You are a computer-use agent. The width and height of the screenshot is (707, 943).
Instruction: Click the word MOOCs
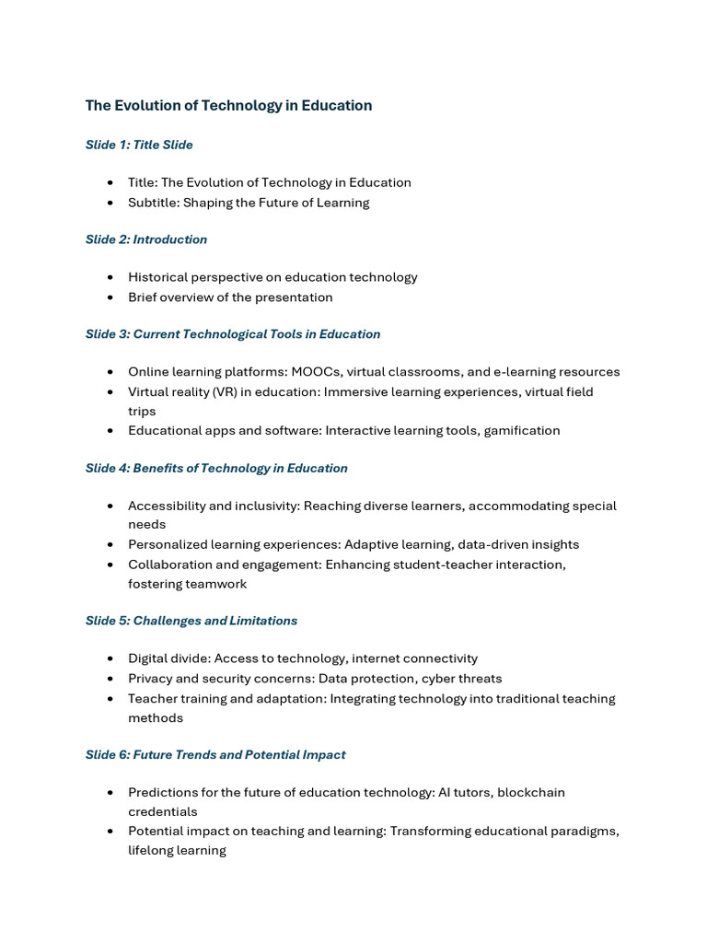[315, 372]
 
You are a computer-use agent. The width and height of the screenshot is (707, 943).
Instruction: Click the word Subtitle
[153, 203]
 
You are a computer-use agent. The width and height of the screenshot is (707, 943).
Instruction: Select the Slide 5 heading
[191, 621]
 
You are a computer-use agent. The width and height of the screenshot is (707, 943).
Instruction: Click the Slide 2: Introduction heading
[146, 239]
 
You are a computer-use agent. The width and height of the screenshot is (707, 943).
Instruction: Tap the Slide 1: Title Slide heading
[139, 145]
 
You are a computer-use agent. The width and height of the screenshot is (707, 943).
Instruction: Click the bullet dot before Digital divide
[110, 658]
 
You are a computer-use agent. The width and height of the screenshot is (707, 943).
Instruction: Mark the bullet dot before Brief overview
[110, 297]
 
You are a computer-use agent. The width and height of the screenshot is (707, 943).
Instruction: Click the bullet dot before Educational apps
[110, 430]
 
